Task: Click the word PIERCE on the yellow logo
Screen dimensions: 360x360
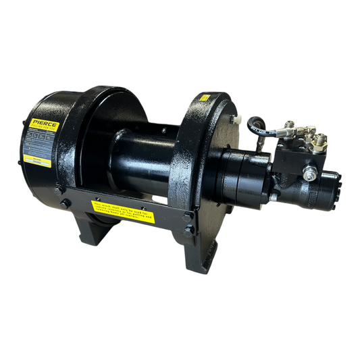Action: pyautogui.click(x=45, y=124)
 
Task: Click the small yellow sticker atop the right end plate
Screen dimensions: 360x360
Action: pyautogui.click(x=203, y=99)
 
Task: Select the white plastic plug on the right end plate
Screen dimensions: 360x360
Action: pyautogui.click(x=237, y=118)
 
